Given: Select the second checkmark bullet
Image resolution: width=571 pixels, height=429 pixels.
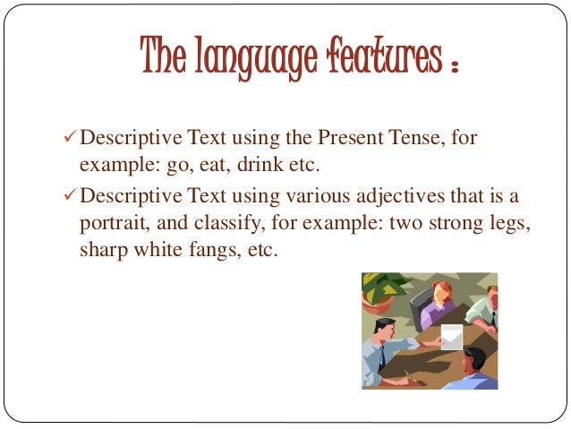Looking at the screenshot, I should click(72, 196).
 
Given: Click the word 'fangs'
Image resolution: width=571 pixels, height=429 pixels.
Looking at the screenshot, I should click(199, 252).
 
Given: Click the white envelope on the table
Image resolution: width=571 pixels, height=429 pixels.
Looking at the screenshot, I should click(453, 338).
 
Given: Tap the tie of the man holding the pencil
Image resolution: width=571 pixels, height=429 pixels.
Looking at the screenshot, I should click(382, 357).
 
